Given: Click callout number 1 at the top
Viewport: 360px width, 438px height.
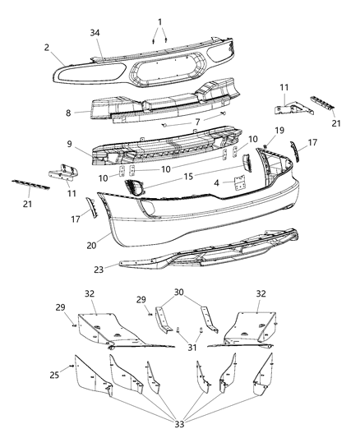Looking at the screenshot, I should coord(159,21).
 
